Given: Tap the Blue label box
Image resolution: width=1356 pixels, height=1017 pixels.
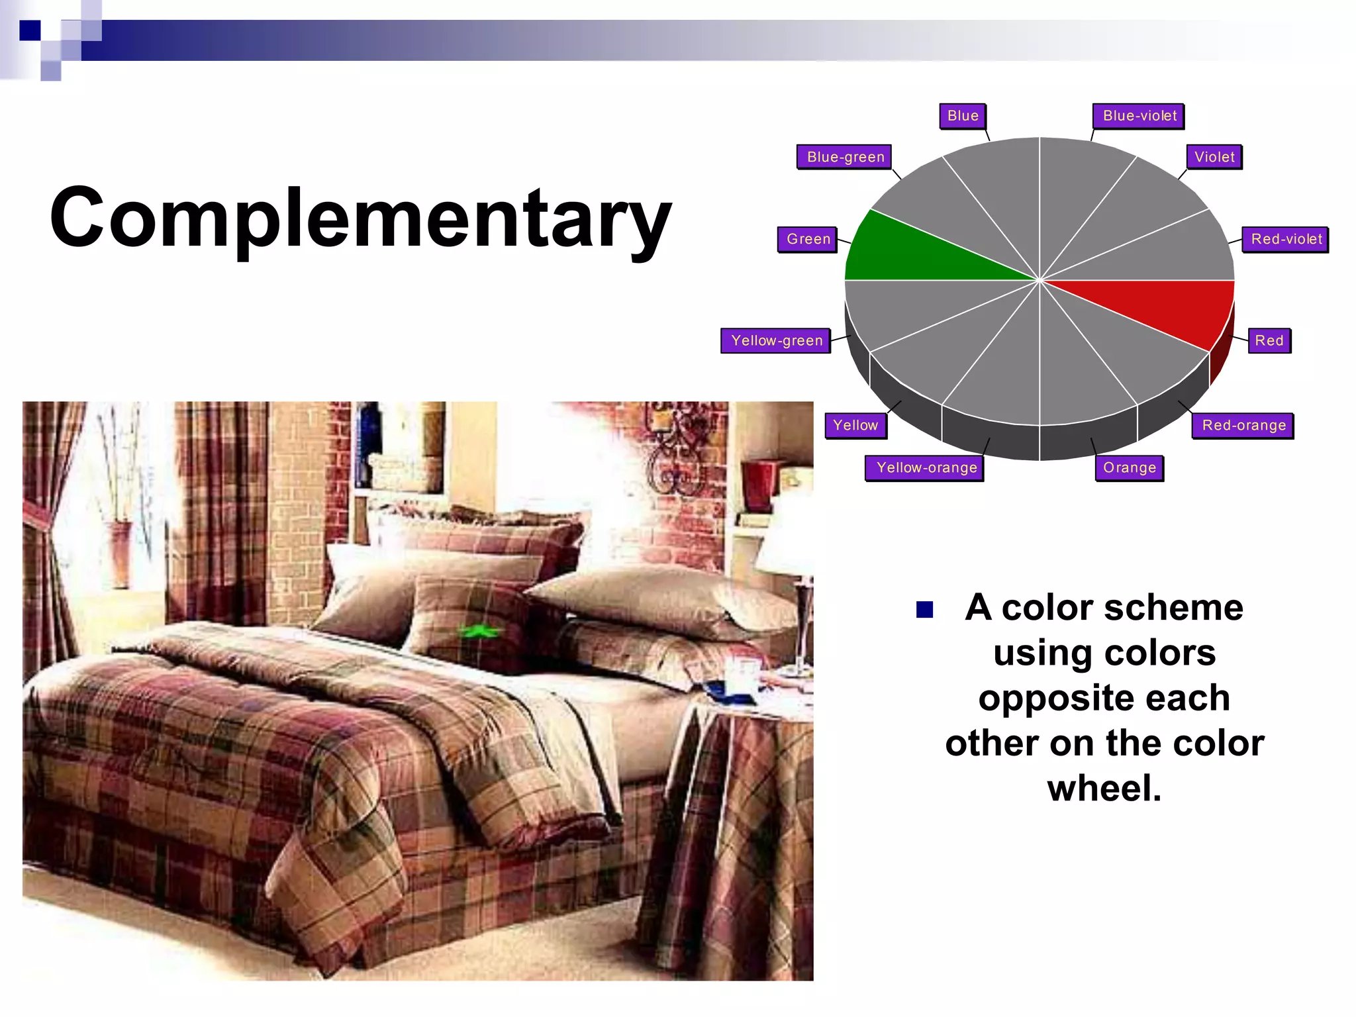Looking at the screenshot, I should [x=963, y=116].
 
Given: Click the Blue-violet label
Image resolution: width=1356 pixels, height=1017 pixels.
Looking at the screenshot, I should [x=1139, y=116].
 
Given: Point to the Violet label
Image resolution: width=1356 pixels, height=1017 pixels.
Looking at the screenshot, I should [x=1214, y=157].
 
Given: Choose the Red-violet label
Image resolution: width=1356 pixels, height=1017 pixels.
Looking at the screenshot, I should [x=1286, y=239].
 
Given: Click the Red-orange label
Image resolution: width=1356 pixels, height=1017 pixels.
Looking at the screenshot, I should [x=1243, y=425].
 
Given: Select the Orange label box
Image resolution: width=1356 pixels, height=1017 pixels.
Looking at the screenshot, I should [x=1129, y=467].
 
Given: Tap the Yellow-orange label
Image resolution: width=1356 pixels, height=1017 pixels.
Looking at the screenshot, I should [x=926, y=467].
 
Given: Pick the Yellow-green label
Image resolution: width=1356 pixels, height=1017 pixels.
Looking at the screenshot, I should [x=776, y=340].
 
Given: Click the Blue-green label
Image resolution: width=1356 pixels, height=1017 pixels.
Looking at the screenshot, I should [x=845, y=157].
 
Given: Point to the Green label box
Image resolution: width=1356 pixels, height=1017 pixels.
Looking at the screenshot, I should [x=808, y=239].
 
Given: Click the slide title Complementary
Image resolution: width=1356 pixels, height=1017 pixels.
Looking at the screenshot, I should [x=361, y=218].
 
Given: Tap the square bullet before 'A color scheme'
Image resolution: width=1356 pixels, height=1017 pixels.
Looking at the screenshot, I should [x=924, y=609].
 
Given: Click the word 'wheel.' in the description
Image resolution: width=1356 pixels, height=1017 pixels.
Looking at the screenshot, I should [x=1104, y=788].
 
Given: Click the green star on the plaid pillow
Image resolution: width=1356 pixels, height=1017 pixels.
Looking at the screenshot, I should [x=479, y=631].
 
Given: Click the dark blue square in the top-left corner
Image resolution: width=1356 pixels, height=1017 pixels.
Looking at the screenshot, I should [x=30, y=30].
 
